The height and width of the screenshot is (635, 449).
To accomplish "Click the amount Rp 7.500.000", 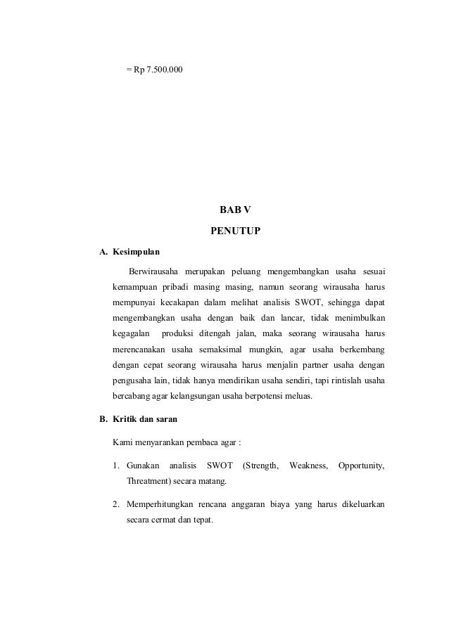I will pos(159,70).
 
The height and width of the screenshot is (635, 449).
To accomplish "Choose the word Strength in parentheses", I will pos(260,466).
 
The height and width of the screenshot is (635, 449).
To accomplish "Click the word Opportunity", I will pos(362,466).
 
